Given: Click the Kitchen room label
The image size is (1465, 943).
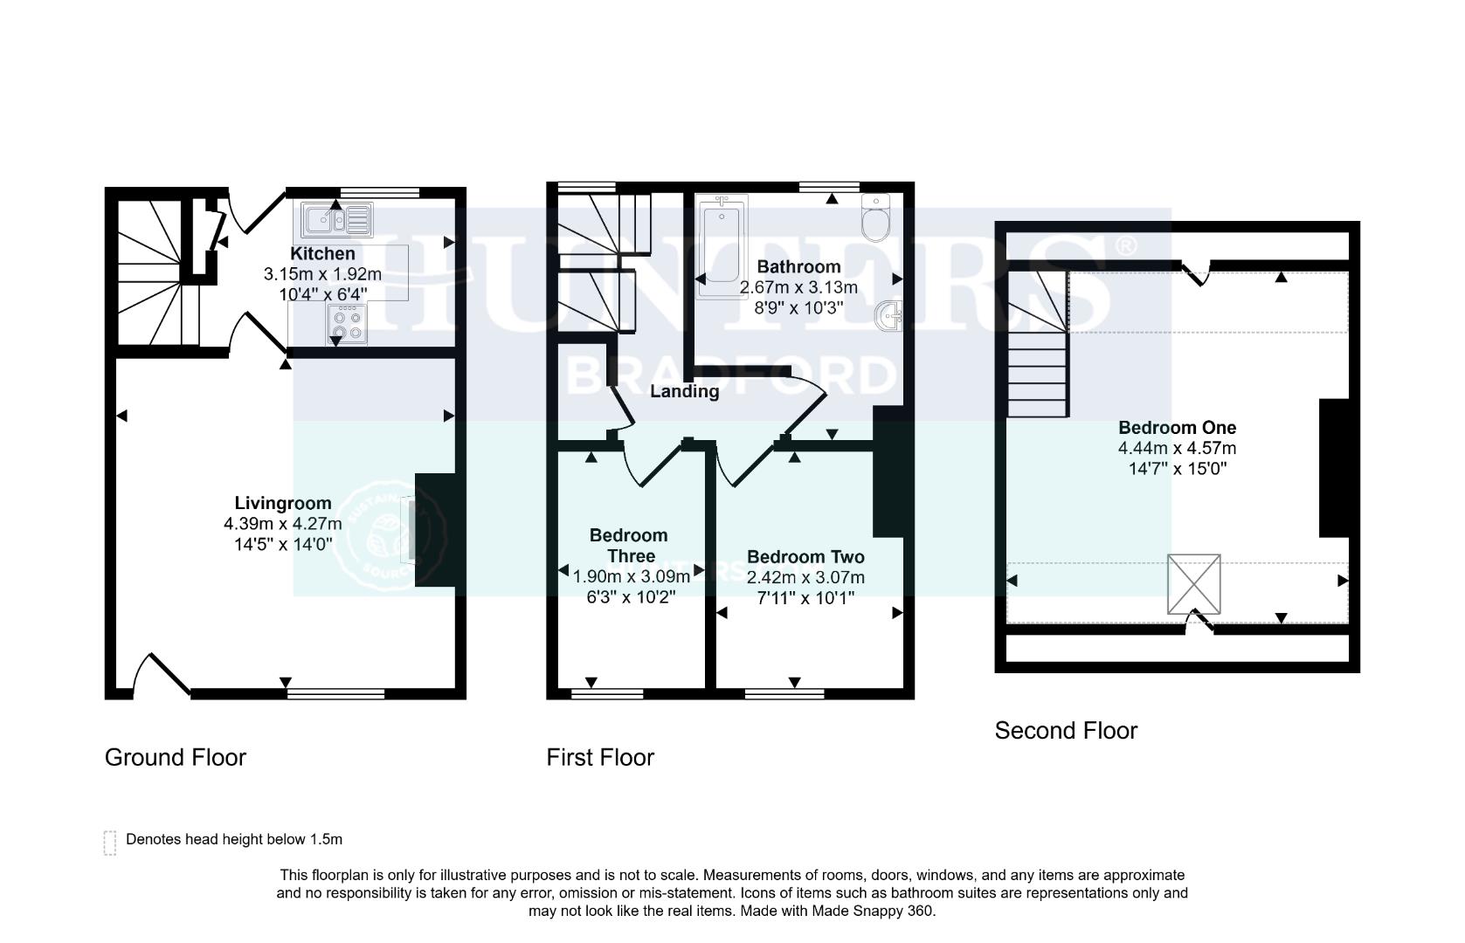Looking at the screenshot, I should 322,254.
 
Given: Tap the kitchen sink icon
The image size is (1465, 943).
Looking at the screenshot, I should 337,220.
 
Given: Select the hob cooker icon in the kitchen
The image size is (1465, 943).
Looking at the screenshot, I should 347,324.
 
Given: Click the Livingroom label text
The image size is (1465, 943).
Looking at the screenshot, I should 282,503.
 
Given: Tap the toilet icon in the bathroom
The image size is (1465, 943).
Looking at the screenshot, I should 874,219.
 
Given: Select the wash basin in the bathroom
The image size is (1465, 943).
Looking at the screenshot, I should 888,316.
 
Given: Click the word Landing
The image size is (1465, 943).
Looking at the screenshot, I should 684,391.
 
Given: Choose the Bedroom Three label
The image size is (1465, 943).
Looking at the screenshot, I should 628,546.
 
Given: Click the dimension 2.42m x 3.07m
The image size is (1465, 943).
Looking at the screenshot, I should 805,577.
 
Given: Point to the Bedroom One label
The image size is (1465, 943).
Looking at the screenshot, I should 1177,428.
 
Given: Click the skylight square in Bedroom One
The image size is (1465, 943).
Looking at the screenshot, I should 1193,583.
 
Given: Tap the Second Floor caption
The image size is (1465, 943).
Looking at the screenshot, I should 1066,731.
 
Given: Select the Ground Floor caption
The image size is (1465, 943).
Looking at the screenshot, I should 176,757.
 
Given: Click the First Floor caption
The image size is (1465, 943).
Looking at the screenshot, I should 600,757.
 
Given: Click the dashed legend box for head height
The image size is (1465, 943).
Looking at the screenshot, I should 110,843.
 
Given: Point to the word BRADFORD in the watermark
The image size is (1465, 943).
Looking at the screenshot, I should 732,376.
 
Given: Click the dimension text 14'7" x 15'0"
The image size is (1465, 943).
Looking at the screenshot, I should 1177,469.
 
